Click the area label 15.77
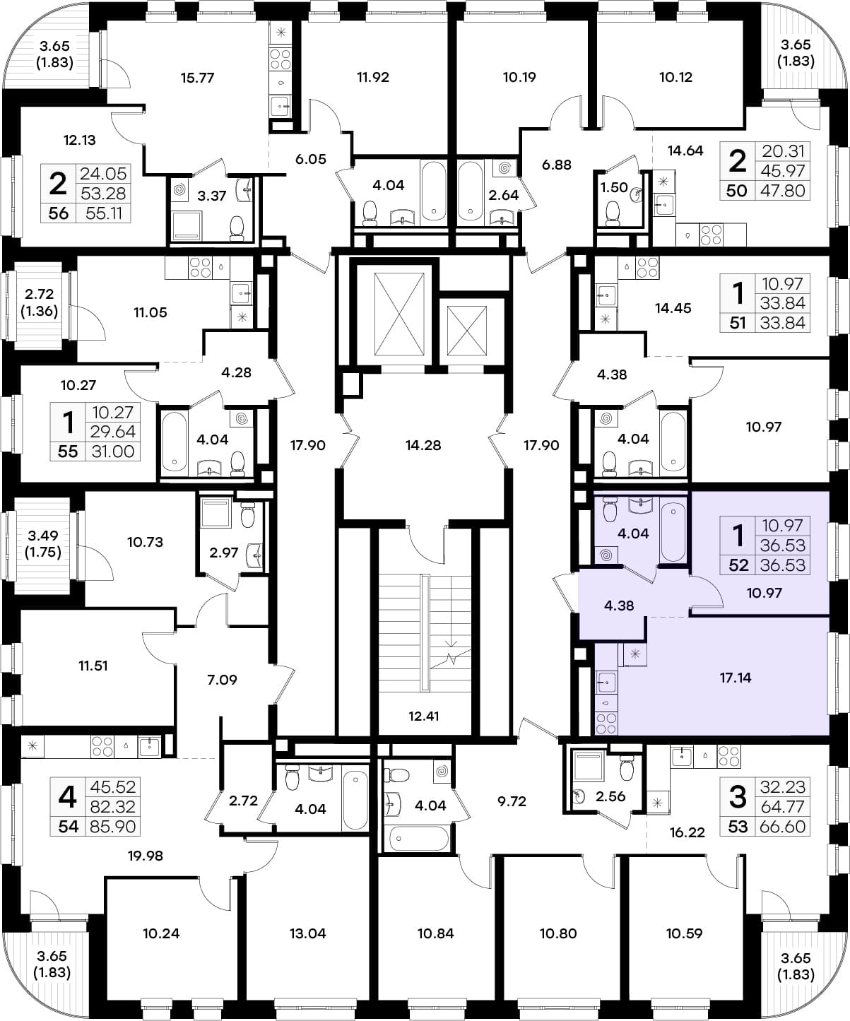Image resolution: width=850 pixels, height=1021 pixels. pos(197,78)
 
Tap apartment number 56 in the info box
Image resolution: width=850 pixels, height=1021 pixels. pos(58,213)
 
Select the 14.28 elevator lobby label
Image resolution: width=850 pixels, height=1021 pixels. pos(423,445)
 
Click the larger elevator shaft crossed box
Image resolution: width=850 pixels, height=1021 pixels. pos(399,314)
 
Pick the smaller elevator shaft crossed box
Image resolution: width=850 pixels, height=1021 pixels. pos(466,331)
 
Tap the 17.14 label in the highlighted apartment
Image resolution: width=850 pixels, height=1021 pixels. pos(736,677)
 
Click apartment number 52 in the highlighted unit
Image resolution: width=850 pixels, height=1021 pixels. pos(738,565)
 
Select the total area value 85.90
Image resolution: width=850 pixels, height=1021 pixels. pos(113,827)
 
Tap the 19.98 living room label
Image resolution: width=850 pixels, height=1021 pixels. pos(146,855)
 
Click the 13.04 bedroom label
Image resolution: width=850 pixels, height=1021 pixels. pos(307,933)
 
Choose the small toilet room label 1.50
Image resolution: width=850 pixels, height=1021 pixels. pos(614,187)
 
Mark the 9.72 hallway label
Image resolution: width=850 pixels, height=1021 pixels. pos(512,801)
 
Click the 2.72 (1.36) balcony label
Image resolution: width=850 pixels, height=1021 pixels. pos(40,302)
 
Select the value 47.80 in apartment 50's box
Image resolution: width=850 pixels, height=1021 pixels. pos(782,190)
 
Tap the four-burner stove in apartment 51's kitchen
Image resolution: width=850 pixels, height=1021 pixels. pos(647,268)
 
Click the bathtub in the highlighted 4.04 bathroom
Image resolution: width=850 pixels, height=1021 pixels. pos(673,532)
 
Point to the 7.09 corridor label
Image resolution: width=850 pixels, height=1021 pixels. pos(222,679)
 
